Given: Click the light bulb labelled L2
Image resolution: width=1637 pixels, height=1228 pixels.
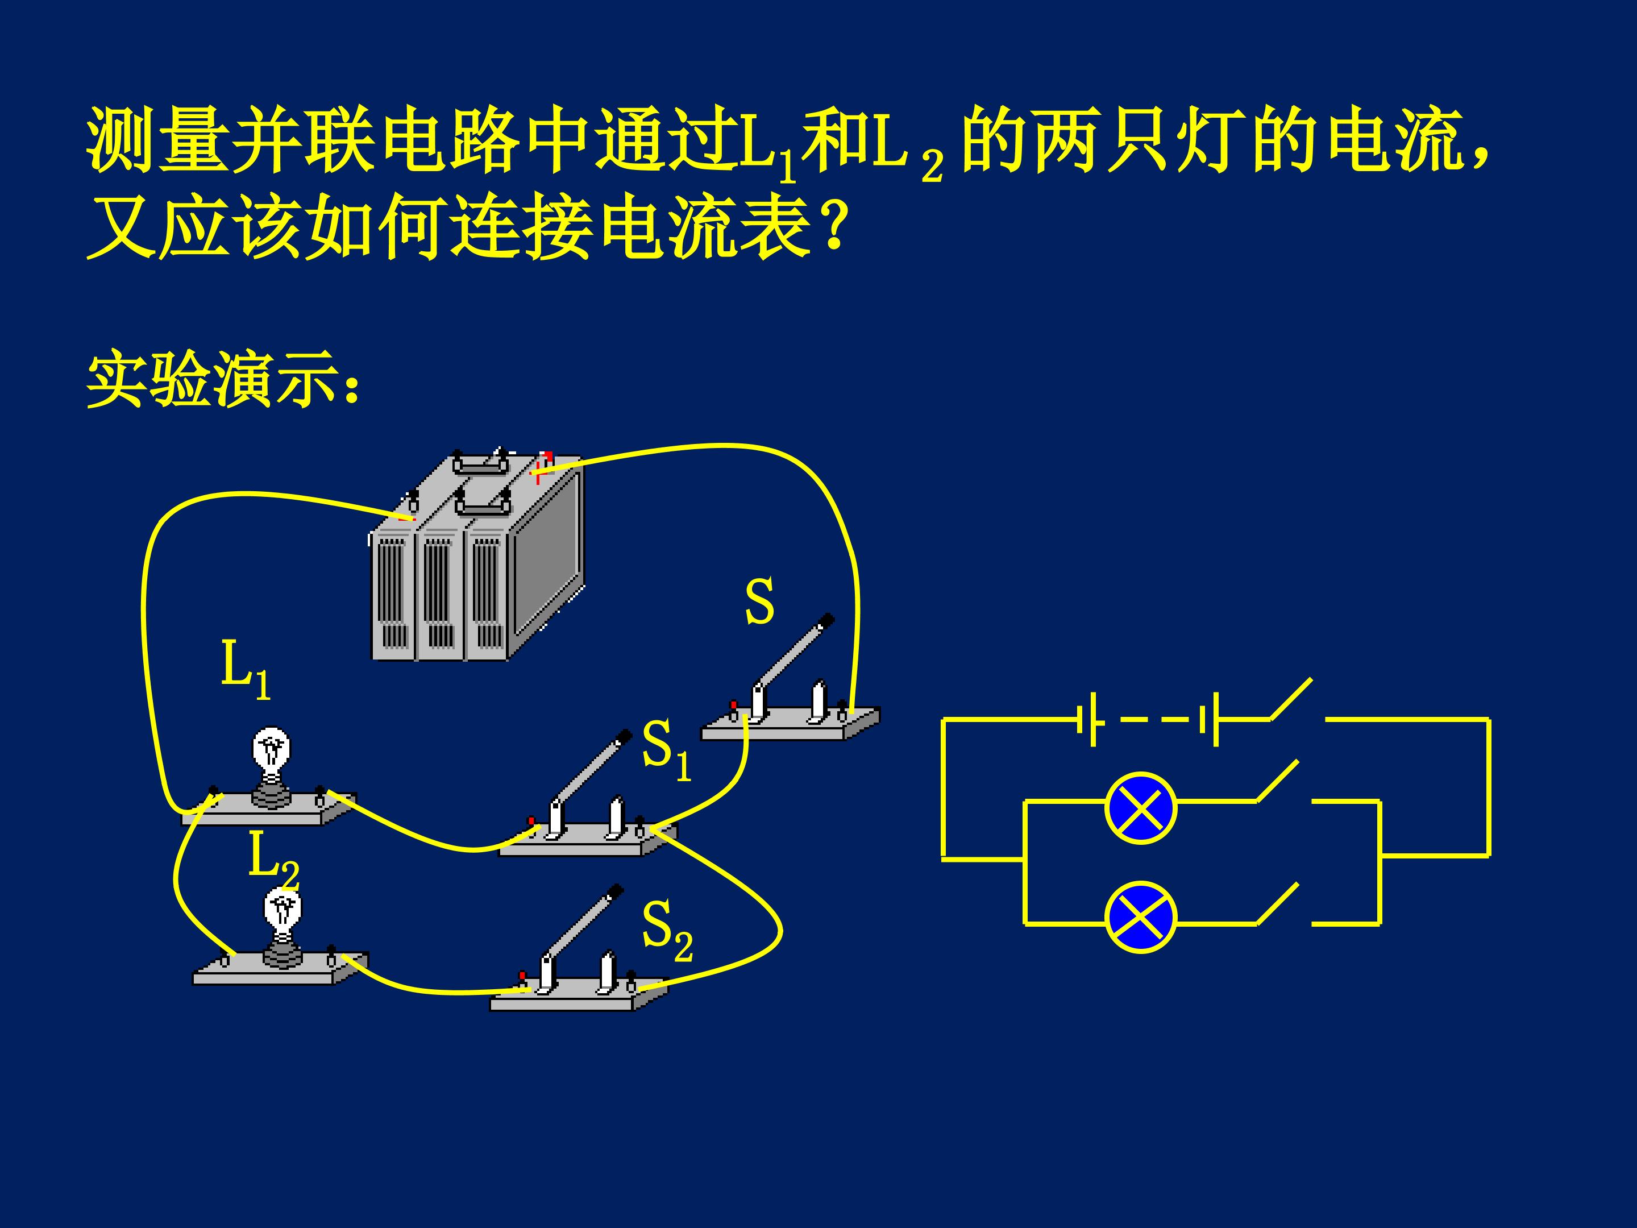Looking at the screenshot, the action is point(282,929).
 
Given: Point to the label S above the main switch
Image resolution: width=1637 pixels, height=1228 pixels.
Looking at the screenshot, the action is point(759,601).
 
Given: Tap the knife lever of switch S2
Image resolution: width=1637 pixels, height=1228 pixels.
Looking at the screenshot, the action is point(583,924).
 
